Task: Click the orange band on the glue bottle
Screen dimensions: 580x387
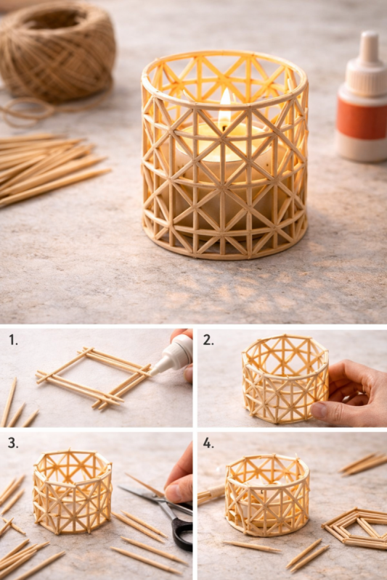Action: (362, 117)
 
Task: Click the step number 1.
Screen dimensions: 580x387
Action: (12, 339)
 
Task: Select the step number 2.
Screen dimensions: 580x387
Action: (208, 339)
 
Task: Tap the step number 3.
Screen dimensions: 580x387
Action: (12, 442)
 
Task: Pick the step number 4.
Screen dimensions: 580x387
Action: (208, 442)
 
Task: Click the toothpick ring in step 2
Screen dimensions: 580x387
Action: (284, 378)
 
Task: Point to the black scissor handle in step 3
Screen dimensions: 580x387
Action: (182, 533)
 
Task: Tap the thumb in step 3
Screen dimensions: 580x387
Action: (177, 491)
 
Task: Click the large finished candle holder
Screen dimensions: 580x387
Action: (224, 156)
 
